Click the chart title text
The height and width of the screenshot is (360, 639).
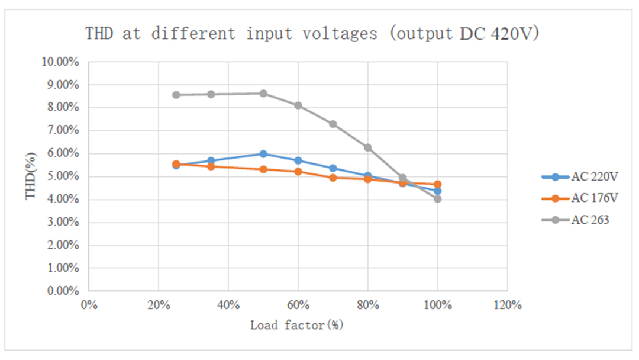[x=312, y=33]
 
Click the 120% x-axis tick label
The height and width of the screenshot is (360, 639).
[x=507, y=306]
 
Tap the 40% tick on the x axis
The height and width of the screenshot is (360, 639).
[x=228, y=306]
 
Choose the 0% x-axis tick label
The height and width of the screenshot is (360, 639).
[x=89, y=306]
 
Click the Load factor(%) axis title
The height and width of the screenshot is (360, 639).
[x=296, y=325]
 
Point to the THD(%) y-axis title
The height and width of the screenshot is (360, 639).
[x=31, y=176]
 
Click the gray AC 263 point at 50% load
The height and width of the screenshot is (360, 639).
[x=263, y=94]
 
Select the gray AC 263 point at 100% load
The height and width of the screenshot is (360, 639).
[x=438, y=199]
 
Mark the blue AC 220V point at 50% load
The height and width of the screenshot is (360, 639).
[x=263, y=154]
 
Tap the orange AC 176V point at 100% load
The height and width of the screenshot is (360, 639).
[x=438, y=184]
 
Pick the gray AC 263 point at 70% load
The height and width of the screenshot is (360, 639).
[x=333, y=124]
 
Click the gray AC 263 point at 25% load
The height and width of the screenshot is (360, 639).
[x=176, y=95]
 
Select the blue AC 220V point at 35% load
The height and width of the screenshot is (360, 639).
[x=211, y=160]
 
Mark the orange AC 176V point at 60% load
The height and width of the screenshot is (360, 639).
[x=298, y=172]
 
